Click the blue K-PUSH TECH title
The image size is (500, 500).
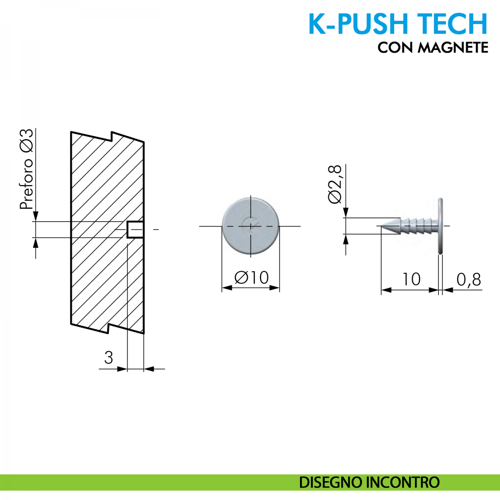[398, 24]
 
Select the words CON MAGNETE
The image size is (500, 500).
[432, 47]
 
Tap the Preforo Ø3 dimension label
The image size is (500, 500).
[27, 169]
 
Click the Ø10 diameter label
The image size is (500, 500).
[252, 277]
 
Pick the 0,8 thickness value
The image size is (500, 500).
[469, 280]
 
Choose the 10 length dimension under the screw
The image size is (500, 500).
[411, 280]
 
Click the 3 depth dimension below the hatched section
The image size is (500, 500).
[108, 357]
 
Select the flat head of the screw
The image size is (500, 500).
[440, 226]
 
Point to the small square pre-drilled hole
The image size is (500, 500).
[135, 230]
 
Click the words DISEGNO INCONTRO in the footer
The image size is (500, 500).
[369, 482]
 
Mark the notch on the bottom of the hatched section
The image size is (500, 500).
[109, 328]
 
